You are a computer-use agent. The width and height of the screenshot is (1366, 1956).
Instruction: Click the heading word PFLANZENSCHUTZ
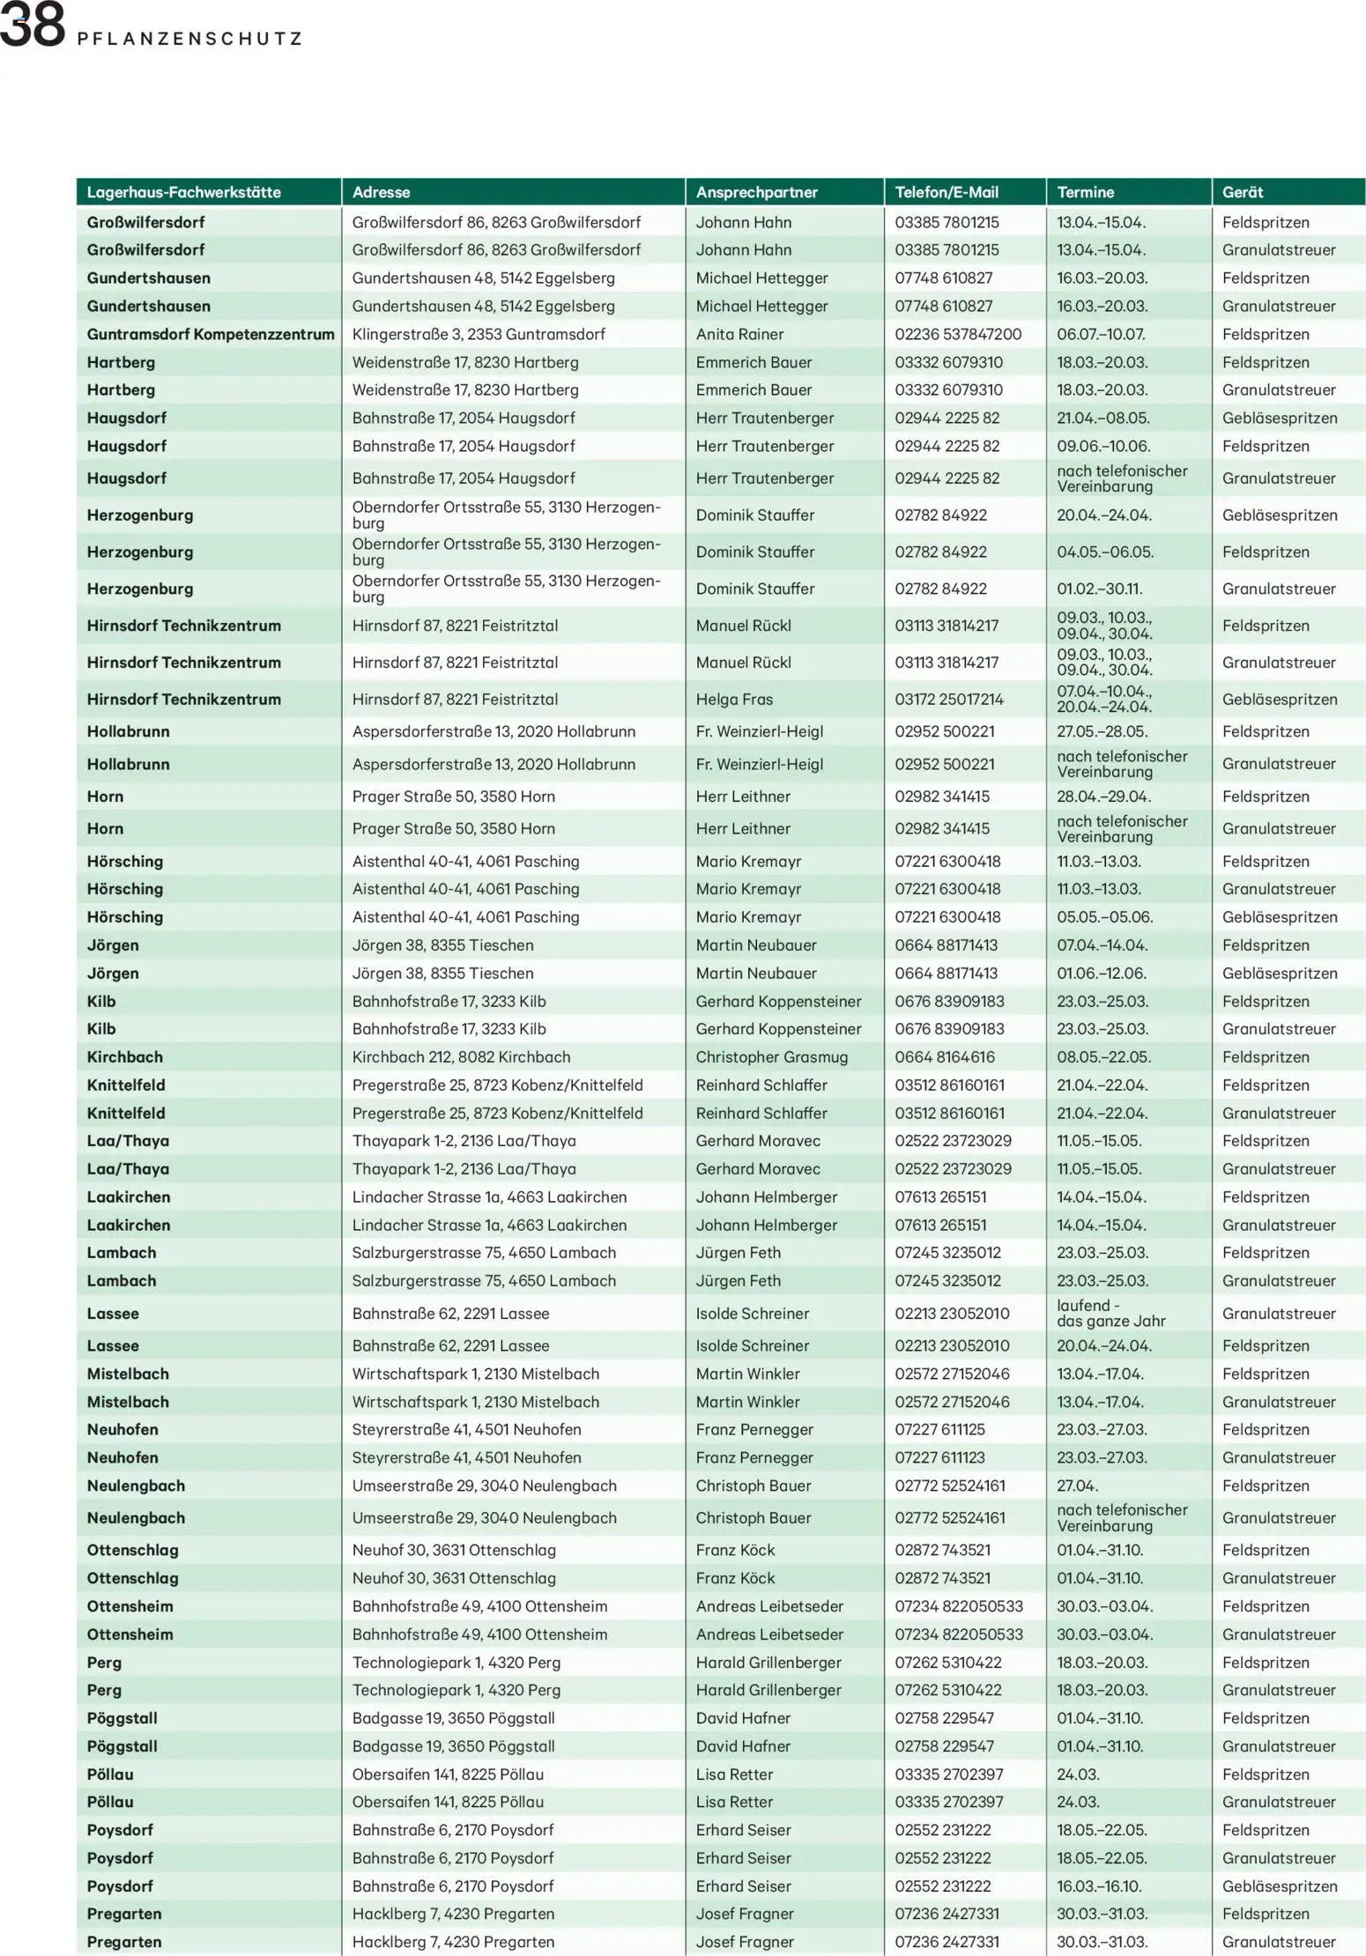click(189, 39)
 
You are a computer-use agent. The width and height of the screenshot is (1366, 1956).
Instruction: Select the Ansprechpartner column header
click(756, 192)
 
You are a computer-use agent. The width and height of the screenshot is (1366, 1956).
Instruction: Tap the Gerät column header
click(1242, 192)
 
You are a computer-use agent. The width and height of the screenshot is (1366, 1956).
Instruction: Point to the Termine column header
click(1085, 192)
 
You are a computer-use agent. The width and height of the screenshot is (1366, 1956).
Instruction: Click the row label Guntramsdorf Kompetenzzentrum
click(210, 334)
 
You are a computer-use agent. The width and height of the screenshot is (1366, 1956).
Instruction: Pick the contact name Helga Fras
click(733, 699)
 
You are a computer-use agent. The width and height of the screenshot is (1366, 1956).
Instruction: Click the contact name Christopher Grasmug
click(771, 1056)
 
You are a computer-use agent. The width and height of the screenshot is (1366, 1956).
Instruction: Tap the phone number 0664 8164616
click(944, 1056)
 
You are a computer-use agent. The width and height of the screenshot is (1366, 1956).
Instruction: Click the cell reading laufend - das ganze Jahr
click(1110, 1313)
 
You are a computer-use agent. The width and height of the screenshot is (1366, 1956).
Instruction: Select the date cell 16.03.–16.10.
click(1099, 1886)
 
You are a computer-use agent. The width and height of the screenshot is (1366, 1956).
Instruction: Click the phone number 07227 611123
click(939, 1457)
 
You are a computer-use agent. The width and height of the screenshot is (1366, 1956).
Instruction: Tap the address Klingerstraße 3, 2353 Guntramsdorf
click(479, 334)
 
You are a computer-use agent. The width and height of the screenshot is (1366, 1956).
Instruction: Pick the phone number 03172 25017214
click(948, 699)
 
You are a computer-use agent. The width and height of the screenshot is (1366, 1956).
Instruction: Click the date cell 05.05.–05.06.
click(1104, 916)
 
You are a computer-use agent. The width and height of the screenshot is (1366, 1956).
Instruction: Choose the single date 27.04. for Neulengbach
click(1077, 1486)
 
